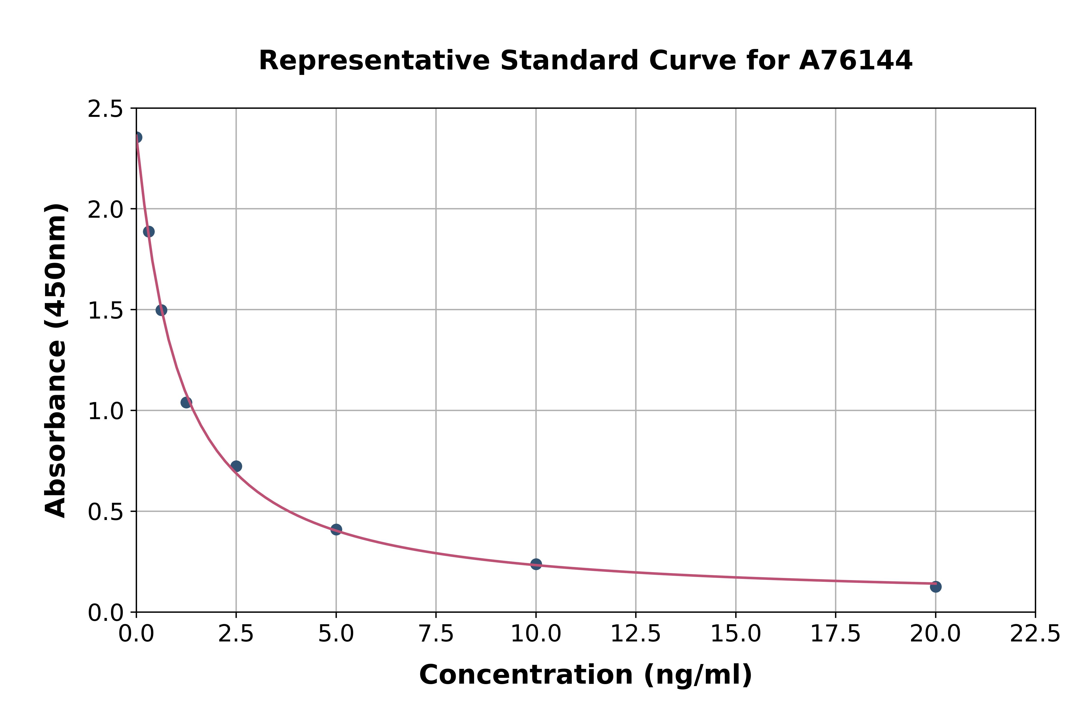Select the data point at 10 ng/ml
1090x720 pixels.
536,564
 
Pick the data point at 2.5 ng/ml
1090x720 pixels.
236,466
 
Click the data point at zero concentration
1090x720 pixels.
137,137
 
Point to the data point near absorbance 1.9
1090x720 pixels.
149,232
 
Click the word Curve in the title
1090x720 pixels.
692,61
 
